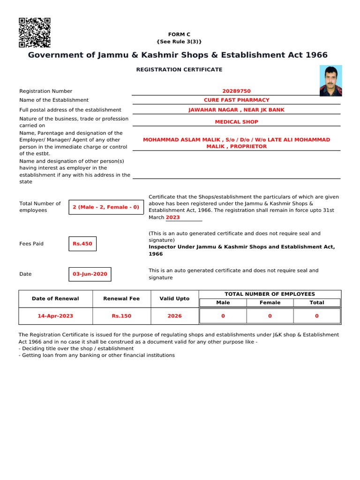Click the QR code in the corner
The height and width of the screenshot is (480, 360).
(34, 33)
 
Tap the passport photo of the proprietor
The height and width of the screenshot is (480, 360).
(330, 81)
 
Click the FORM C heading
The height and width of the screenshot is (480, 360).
(179, 35)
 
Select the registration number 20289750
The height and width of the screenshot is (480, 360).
(236, 91)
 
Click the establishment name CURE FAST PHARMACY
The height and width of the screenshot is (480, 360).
(236, 100)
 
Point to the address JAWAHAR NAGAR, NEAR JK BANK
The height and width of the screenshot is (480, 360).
(236, 110)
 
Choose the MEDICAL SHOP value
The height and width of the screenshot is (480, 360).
(236, 122)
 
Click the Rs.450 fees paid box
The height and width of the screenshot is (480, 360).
(82, 244)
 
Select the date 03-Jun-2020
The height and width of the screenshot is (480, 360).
(90, 274)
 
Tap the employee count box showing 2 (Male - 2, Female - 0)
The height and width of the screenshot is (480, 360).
(106, 207)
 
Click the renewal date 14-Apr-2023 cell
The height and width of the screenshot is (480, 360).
(55, 316)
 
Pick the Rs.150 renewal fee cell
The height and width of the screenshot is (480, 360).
(121, 316)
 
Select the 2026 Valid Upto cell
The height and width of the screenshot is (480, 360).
(174, 316)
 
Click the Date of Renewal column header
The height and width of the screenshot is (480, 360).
(55, 299)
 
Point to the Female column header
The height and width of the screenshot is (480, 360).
(270, 303)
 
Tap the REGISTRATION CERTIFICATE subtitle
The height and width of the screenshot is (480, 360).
(179, 69)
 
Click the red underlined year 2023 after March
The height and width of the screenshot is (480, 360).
(172, 217)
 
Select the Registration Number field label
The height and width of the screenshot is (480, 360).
(45, 91)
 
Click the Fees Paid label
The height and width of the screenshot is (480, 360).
(31, 244)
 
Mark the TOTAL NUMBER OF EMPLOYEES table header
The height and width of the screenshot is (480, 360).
(270, 294)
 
